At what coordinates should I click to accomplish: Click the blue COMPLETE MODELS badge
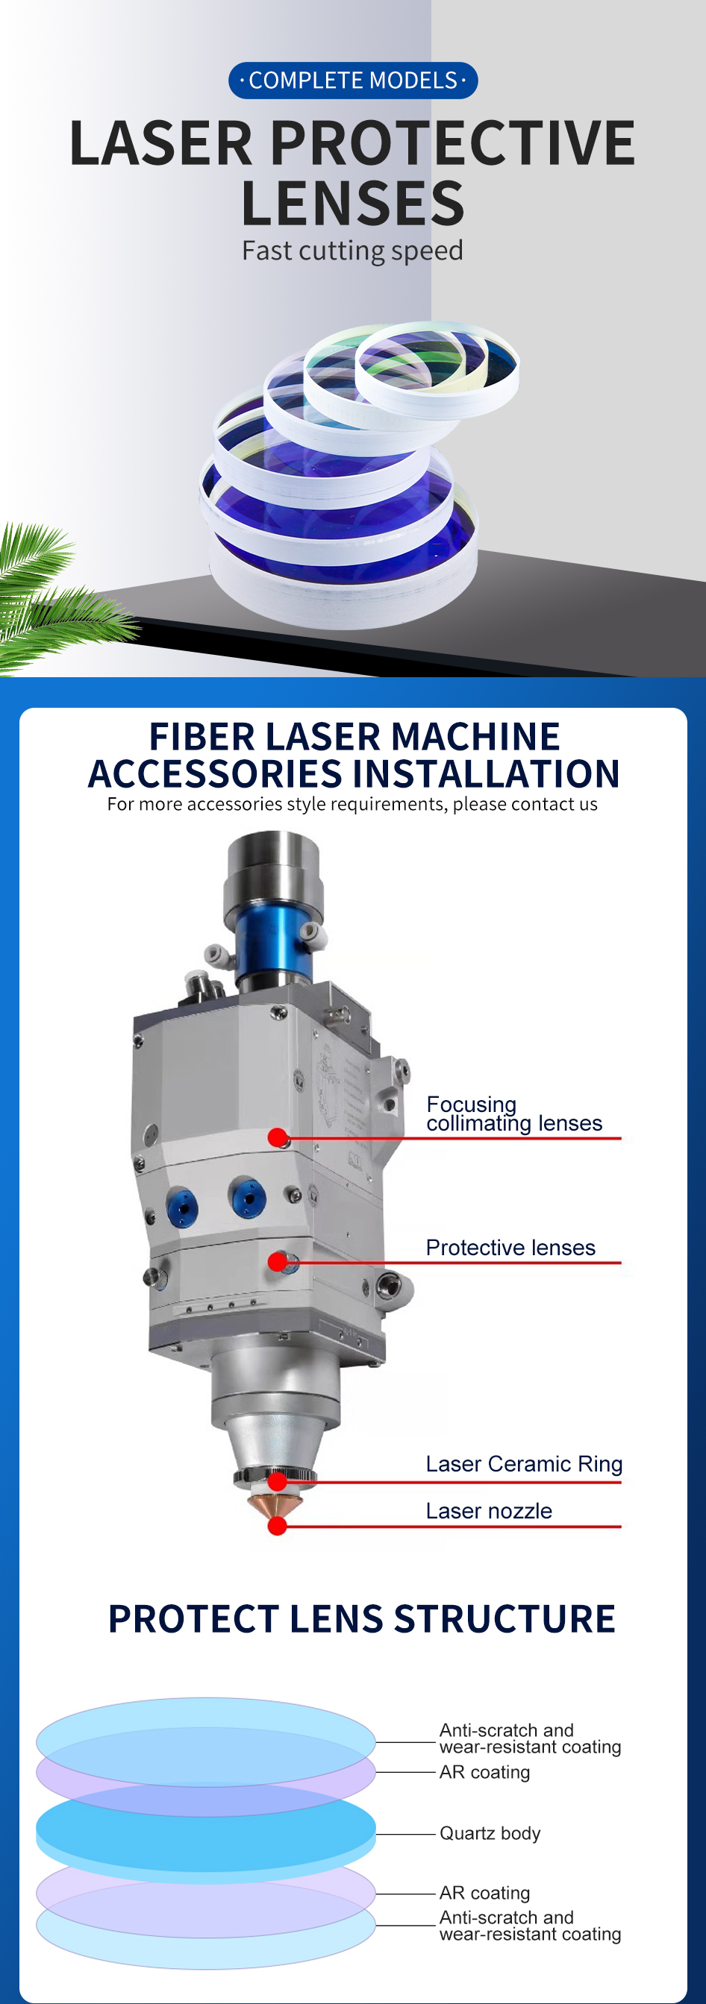pos(352,80)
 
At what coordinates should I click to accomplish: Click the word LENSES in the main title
pos(352,203)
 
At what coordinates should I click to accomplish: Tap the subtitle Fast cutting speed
pos(352,251)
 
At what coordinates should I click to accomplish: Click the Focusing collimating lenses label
pos(514,1114)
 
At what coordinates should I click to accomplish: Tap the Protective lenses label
pos(510,1247)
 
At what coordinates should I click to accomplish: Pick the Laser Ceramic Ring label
pos(524,1463)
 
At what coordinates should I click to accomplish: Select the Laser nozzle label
pos(489,1510)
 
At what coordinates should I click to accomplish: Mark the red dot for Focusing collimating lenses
pos(277,1137)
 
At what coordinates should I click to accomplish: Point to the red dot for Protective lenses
pos(277,1262)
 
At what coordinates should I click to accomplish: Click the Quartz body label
pos(490,1833)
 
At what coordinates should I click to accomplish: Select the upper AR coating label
pos(484,1772)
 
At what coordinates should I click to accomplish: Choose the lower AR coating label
pos(484,1893)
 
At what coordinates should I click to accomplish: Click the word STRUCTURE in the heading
pos(504,1619)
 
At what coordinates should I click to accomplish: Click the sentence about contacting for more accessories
pos(352,805)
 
